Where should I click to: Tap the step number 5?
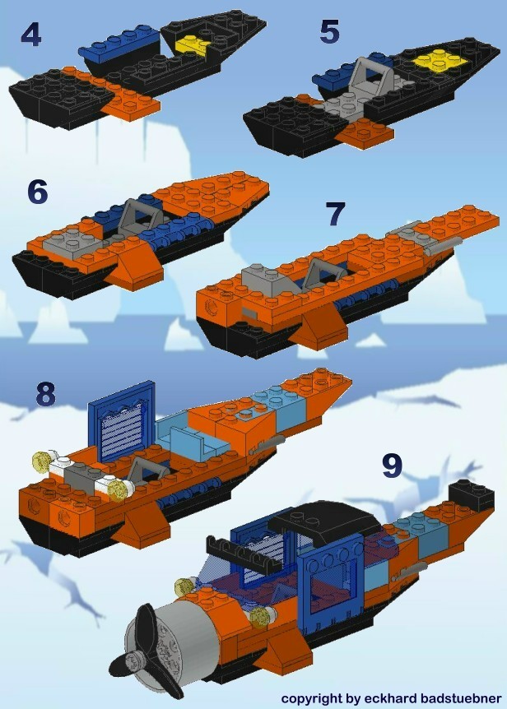point(329,33)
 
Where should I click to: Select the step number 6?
point(38,191)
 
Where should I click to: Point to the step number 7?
point(334,213)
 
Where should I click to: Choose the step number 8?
point(45,394)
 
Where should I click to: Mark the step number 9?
point(392,465)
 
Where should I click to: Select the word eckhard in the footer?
point(386,698)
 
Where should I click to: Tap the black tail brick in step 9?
point(471,495)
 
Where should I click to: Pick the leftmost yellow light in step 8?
point(40,461)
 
